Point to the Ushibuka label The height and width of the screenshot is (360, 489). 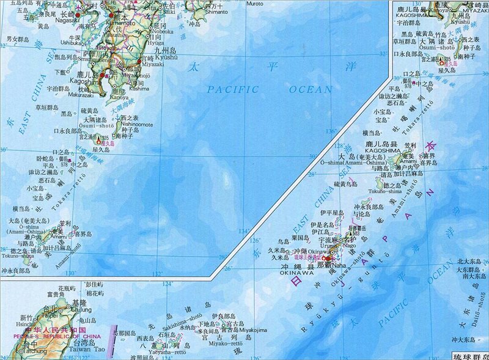[x=71, y=43]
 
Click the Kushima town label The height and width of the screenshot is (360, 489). [x=139, y=89]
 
